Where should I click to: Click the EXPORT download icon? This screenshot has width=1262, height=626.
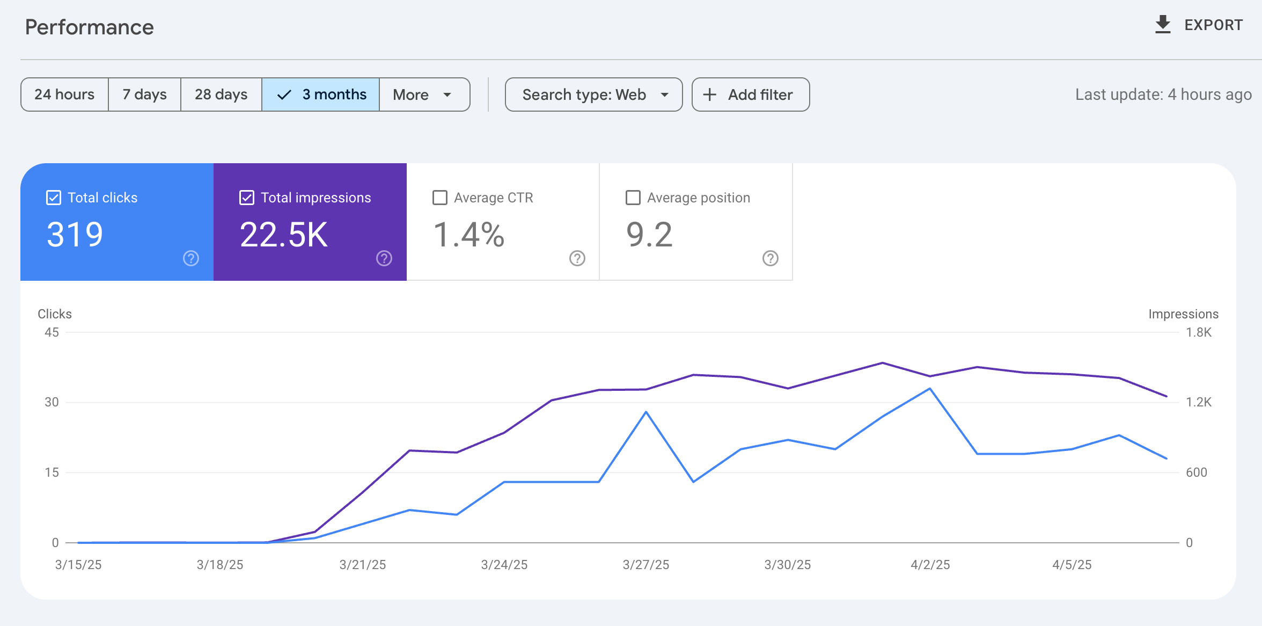pos(1162,25)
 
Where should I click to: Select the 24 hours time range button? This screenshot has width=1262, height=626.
pos(64,94)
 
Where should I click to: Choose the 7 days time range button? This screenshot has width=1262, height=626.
pos(144,94)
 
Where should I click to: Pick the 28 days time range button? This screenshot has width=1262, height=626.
pos(221,94)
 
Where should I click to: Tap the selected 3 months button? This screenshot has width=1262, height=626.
pos(321,94)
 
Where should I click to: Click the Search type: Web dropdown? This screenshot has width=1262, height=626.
pos(593,94)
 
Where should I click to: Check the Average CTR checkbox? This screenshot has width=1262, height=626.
pos(440,198)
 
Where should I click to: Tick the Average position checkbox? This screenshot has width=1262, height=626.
pos(633,198)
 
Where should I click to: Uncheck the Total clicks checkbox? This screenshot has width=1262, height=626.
pos(54,198)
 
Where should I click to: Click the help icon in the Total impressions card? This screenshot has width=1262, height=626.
pos(384,258)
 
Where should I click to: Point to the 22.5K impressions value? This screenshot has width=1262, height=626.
pos(283,235)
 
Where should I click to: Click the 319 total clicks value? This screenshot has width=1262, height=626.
pos(75,235)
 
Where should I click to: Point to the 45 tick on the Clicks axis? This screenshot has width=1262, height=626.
pos(52,332)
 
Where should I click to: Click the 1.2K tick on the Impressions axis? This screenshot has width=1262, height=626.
pos(1198,402)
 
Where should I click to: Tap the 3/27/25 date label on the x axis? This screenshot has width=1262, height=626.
pos(645,565)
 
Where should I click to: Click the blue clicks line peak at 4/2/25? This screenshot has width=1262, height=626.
pos(929,389)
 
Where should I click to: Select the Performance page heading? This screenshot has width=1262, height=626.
pos(89,27)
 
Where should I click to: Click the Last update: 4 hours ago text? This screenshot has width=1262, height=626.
pos(1163,94)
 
